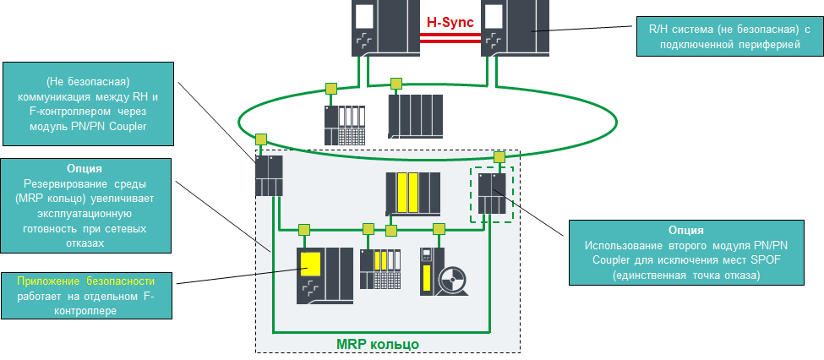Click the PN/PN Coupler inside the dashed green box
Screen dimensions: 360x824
pos(491,194)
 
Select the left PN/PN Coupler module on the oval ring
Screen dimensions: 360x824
pos(270,175)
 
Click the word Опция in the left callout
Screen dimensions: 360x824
pos(86,168)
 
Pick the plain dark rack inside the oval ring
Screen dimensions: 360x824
pos(414,117)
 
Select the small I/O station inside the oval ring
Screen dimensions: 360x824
pos(346,125)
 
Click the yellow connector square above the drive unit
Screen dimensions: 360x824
pos(439,228)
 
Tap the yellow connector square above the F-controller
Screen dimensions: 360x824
pos(303,228)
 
